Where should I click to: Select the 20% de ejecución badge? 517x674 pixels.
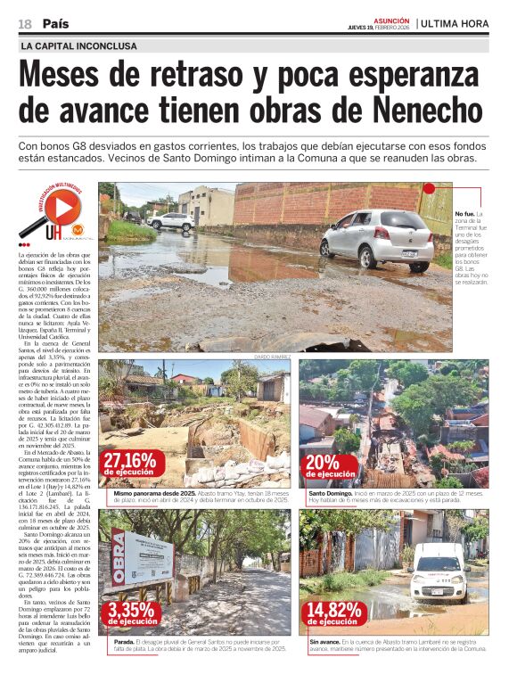point(331,467)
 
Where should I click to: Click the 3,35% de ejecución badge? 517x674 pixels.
point(131,614)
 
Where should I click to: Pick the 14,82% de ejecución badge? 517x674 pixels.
point(332,614)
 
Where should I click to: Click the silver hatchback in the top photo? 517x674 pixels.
point(378,238)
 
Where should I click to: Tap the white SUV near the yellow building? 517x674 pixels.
point(172,221)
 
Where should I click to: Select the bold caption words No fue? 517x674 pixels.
point(465,214)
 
